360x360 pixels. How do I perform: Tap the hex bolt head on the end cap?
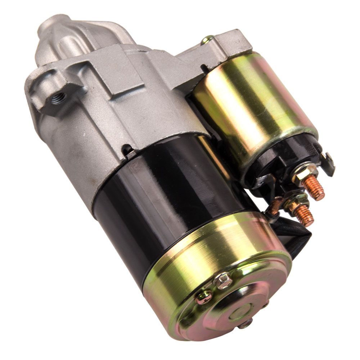coord(223,280)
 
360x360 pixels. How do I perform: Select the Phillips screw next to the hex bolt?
coord(204,297)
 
